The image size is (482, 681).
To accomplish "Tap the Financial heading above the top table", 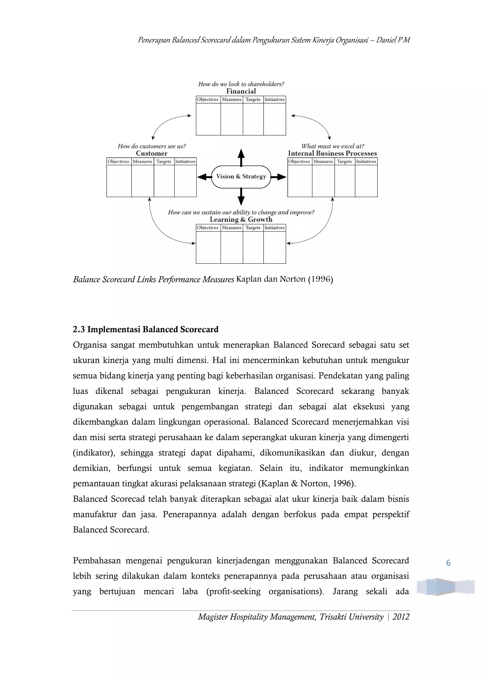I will point(241,91).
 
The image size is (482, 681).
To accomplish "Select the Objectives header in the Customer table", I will point(118,161).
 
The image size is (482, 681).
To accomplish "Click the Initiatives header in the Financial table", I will point(275,99).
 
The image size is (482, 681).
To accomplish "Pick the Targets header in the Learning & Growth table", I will point(253,227).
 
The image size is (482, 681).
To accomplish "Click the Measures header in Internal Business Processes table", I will point(323,161).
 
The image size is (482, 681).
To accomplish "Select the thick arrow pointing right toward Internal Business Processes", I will point(278,177).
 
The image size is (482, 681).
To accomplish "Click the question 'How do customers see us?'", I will point(152,146).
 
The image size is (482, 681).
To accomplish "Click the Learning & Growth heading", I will point(241,219).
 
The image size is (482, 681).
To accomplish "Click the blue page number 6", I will point(448,563).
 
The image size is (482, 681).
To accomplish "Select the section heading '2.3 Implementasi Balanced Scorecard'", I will point(145,329).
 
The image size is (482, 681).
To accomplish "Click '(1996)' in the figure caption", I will point(321,279).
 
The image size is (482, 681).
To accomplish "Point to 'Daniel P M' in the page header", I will point(393,40).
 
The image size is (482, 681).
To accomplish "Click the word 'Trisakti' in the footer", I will point(333,617).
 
